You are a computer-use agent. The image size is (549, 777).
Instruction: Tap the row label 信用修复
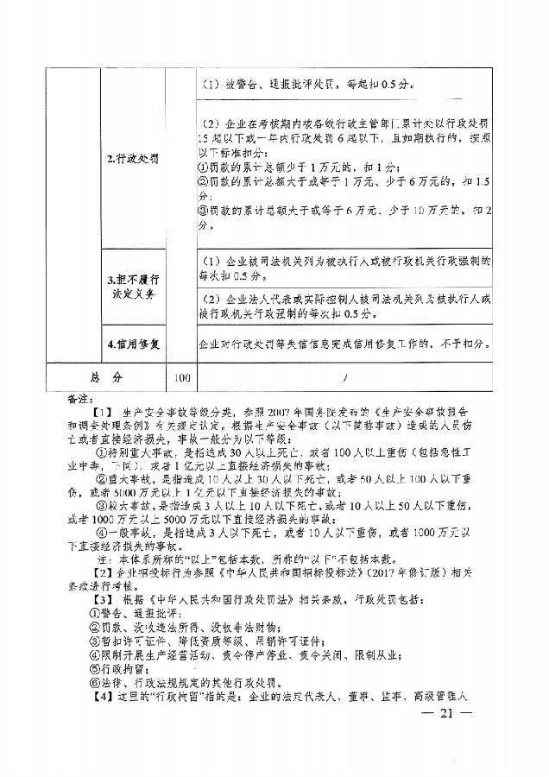(x=131, y=344)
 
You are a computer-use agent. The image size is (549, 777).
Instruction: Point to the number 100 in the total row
(x=181, y=377)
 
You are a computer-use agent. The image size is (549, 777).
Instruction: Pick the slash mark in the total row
(x=344, y=377)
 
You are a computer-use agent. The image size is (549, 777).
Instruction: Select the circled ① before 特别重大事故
(x=102, y=456)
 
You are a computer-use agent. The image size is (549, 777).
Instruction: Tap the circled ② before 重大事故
(x=102, y=488)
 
